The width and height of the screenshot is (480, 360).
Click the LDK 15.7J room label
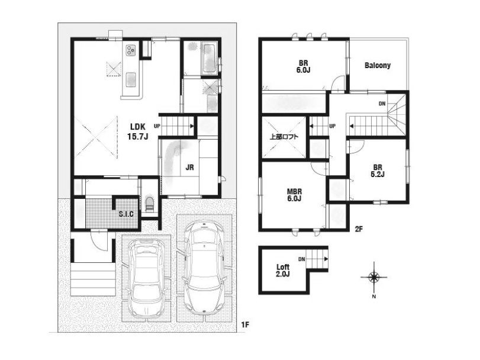click(x=138, y=131)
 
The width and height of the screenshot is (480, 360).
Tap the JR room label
click(x=190, y=168)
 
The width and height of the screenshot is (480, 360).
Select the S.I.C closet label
click(x=126, y=214)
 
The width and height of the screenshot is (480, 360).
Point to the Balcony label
click(x=378, y=65)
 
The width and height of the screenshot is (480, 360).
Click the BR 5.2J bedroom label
click(x=378, y=171)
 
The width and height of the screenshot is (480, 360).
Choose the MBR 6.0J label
click(x=294, y=195)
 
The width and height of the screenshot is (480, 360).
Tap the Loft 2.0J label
click(x=283, y=271)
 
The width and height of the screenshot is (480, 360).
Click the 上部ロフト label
click(x=284, y=137)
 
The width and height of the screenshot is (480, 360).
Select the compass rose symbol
click(x=374, y=277)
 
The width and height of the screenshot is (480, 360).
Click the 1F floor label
click(x=245, y=325)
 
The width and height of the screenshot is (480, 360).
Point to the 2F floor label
click(x=359, y=229)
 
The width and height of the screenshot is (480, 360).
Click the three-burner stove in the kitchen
click(x=131, y=50)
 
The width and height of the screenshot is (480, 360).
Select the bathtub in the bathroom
click(x=210, y=58)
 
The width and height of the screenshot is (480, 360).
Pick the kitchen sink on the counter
click(x=131, y=79)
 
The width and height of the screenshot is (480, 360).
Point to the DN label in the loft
click(x=301, y=259)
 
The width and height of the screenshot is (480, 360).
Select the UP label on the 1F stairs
click(x=157, y=126)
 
